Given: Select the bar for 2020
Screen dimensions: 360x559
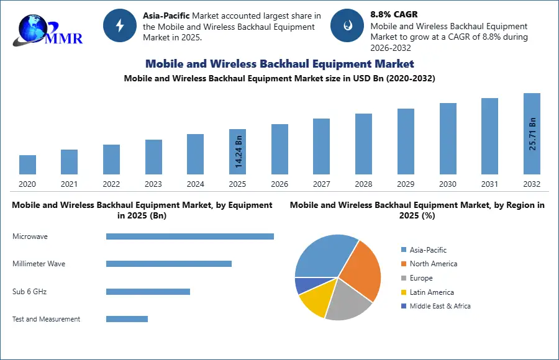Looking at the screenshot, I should pos(27,164).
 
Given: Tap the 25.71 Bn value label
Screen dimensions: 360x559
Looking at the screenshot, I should pos(532,134).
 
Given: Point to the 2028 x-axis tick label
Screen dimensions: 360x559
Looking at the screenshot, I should pos(363,184).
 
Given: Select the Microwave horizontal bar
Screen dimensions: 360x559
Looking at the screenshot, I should pos(189,236).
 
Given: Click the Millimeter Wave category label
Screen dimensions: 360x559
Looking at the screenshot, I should pos(39,264).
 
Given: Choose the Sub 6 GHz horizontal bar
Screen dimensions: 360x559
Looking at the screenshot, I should pos(148,292).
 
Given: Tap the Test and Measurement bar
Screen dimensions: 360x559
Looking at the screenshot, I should pos(127,319).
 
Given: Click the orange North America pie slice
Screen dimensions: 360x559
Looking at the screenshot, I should pos(362,271).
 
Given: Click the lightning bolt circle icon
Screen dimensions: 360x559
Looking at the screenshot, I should pos(119,25).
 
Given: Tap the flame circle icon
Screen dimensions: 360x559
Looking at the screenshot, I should pos(347,25).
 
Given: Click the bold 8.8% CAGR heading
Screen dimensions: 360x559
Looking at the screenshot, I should pos(394,14).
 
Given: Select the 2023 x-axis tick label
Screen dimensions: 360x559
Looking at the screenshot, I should pos(153,184).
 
